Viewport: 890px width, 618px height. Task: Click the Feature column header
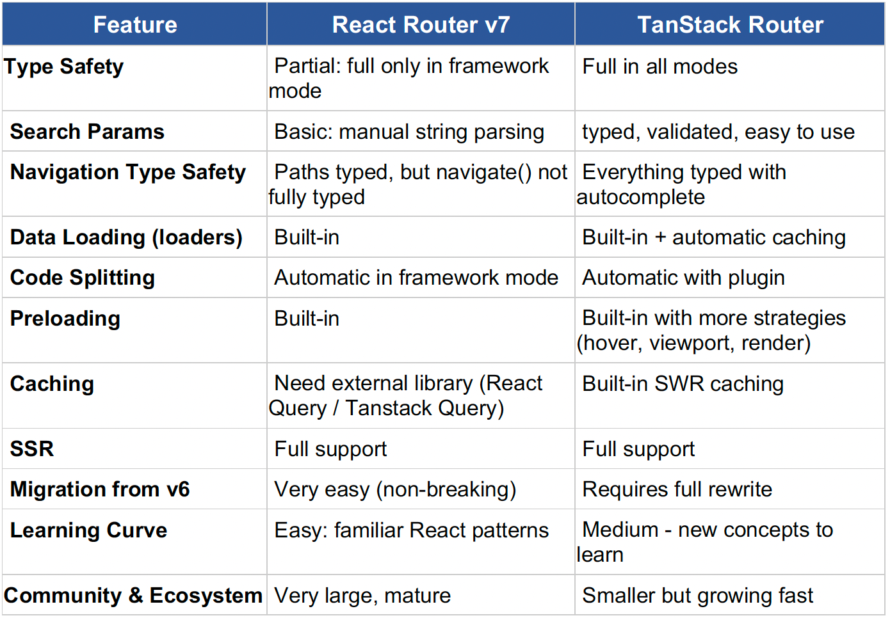135,24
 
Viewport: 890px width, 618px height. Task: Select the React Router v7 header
421,24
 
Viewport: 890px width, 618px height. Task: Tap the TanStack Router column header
731,24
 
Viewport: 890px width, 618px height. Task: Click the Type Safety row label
63,67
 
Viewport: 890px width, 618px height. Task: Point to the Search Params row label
87,131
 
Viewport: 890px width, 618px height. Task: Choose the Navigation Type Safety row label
128,173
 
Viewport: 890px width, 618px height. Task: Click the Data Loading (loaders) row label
126,238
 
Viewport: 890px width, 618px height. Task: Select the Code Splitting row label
82,278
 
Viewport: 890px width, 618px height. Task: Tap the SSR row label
32,449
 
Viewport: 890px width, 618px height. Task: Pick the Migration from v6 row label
100,489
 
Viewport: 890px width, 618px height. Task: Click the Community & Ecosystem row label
133,596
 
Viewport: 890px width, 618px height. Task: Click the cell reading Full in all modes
659,67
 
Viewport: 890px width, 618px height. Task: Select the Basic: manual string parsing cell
409,132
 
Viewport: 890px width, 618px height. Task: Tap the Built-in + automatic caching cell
714,238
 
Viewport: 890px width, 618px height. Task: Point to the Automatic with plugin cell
683,278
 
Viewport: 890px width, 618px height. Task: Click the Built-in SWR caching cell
683,384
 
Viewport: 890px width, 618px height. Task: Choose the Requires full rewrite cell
677,489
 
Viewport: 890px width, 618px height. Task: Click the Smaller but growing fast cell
698,596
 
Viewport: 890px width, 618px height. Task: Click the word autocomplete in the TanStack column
640,197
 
